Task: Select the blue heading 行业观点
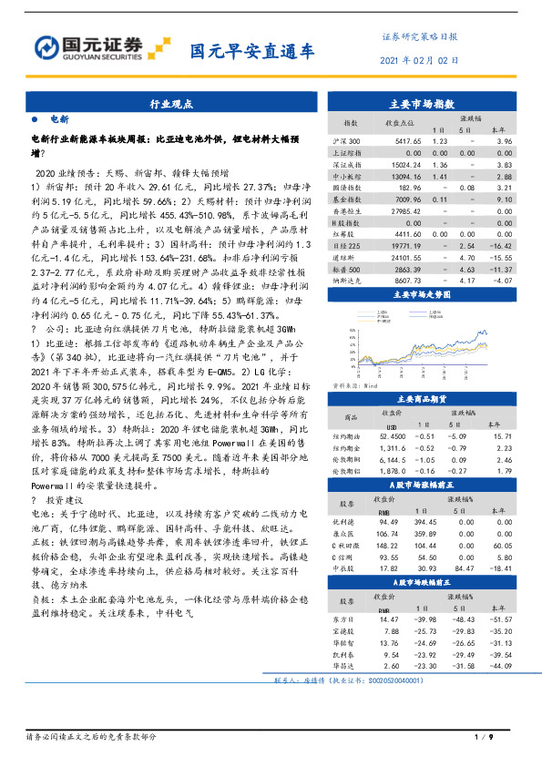(x=171, y=105)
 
